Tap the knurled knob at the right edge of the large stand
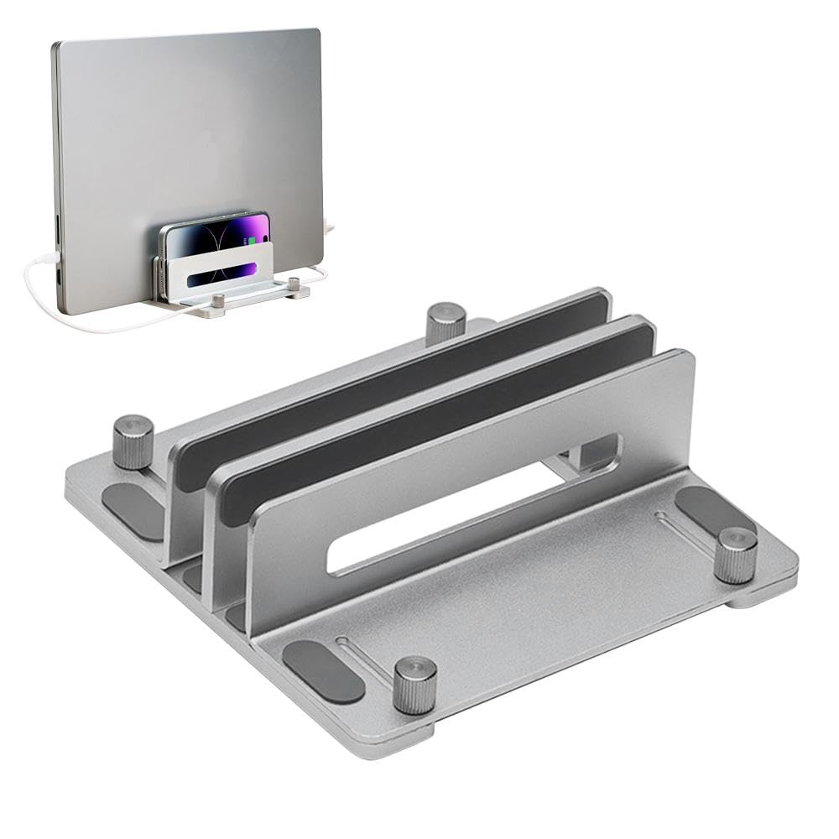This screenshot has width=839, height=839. tap(737, 555)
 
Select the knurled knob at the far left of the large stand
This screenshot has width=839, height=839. tap(133, 440)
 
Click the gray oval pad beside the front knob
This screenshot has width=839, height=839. tap(324, 671)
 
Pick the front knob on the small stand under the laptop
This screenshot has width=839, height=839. tap(218, 300)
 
